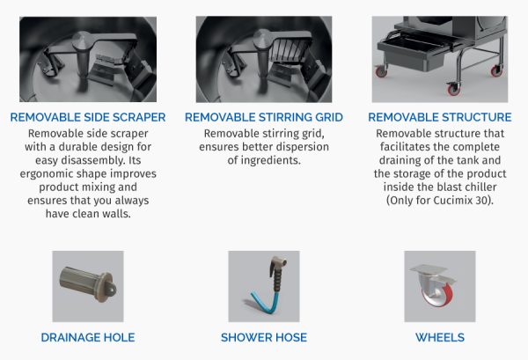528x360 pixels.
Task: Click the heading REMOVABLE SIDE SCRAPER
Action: point(88,117)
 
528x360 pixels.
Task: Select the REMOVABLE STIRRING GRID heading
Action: point(264,117)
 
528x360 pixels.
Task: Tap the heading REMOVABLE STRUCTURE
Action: point(440,117)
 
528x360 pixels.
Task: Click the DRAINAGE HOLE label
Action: point(88,337)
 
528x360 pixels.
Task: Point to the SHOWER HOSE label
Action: point(264,337)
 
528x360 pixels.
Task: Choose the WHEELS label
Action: point(440,337)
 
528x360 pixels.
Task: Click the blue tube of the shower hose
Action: point(265,302)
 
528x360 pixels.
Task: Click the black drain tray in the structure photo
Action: point(416,51)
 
